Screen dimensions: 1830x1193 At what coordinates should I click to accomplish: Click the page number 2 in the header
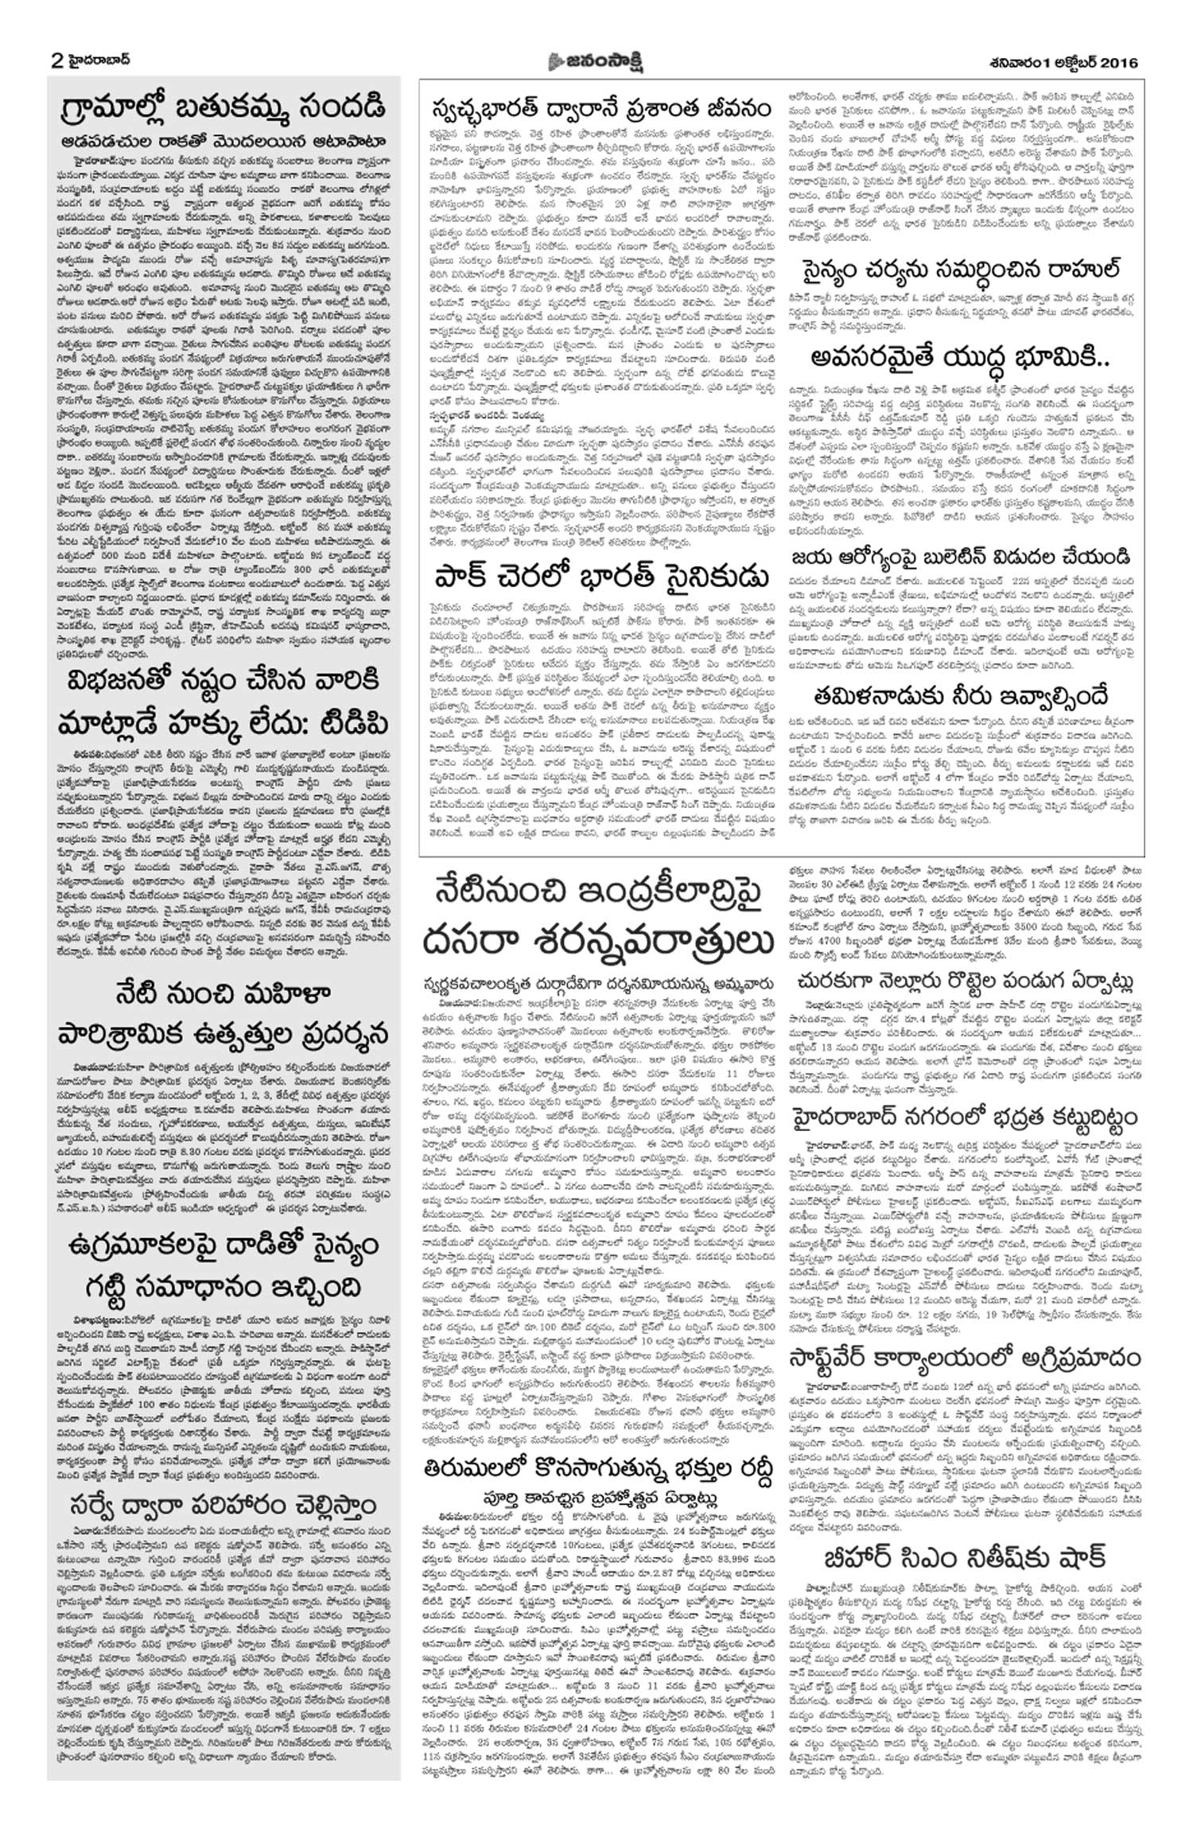point(56,60)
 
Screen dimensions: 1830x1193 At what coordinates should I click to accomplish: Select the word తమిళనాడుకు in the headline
point(881,697)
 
